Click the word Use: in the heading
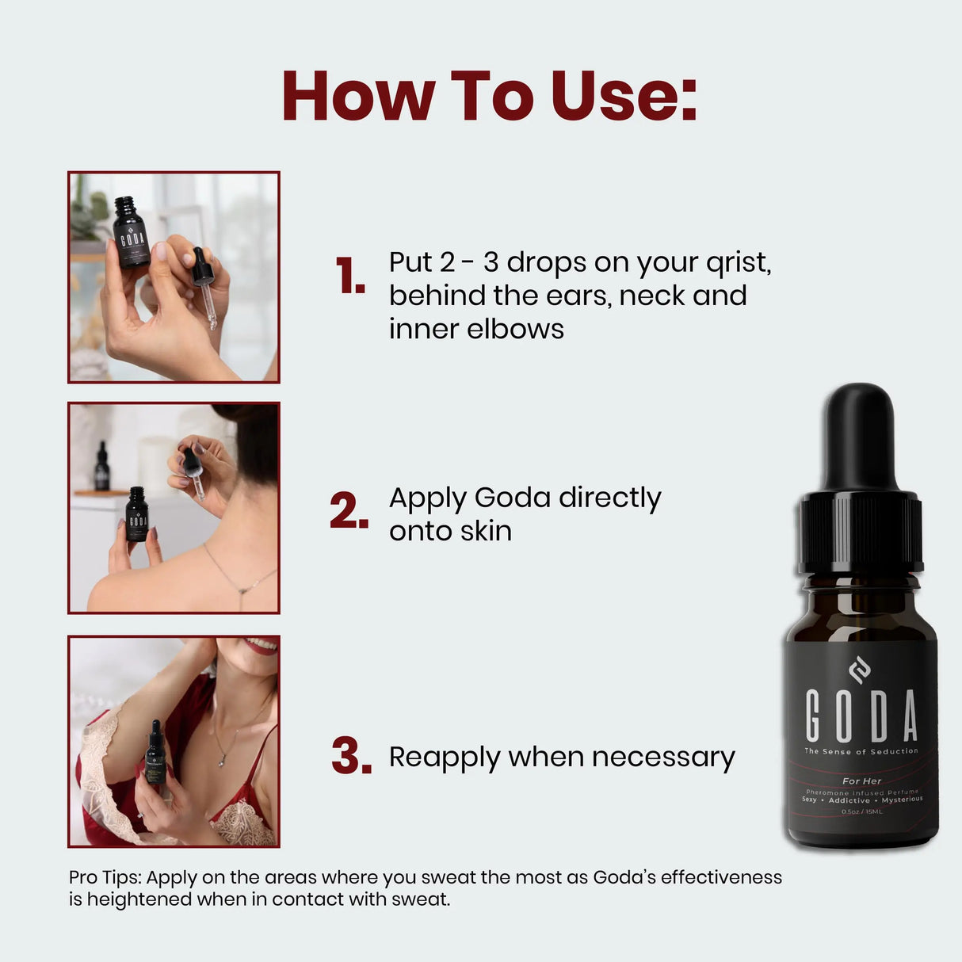pyautogui.click(x=624, y=97)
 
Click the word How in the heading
pyautogui.click(x=357, y=97)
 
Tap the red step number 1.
pyautogui.click(x=349, y=277)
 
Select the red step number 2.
pyautogui.click(x=349, y=512)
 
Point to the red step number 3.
pyautogui.click(x=351, y=756)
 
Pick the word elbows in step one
pyautogui.click(x=515, y=329)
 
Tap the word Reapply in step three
pyautogui.click(x=445, y=758)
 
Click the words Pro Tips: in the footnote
pyautogui.click(x=105, y=877)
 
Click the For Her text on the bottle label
pyautogui.click(x=861, y=781)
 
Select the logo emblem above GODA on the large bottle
pyautogui.click(x=860, y=671)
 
